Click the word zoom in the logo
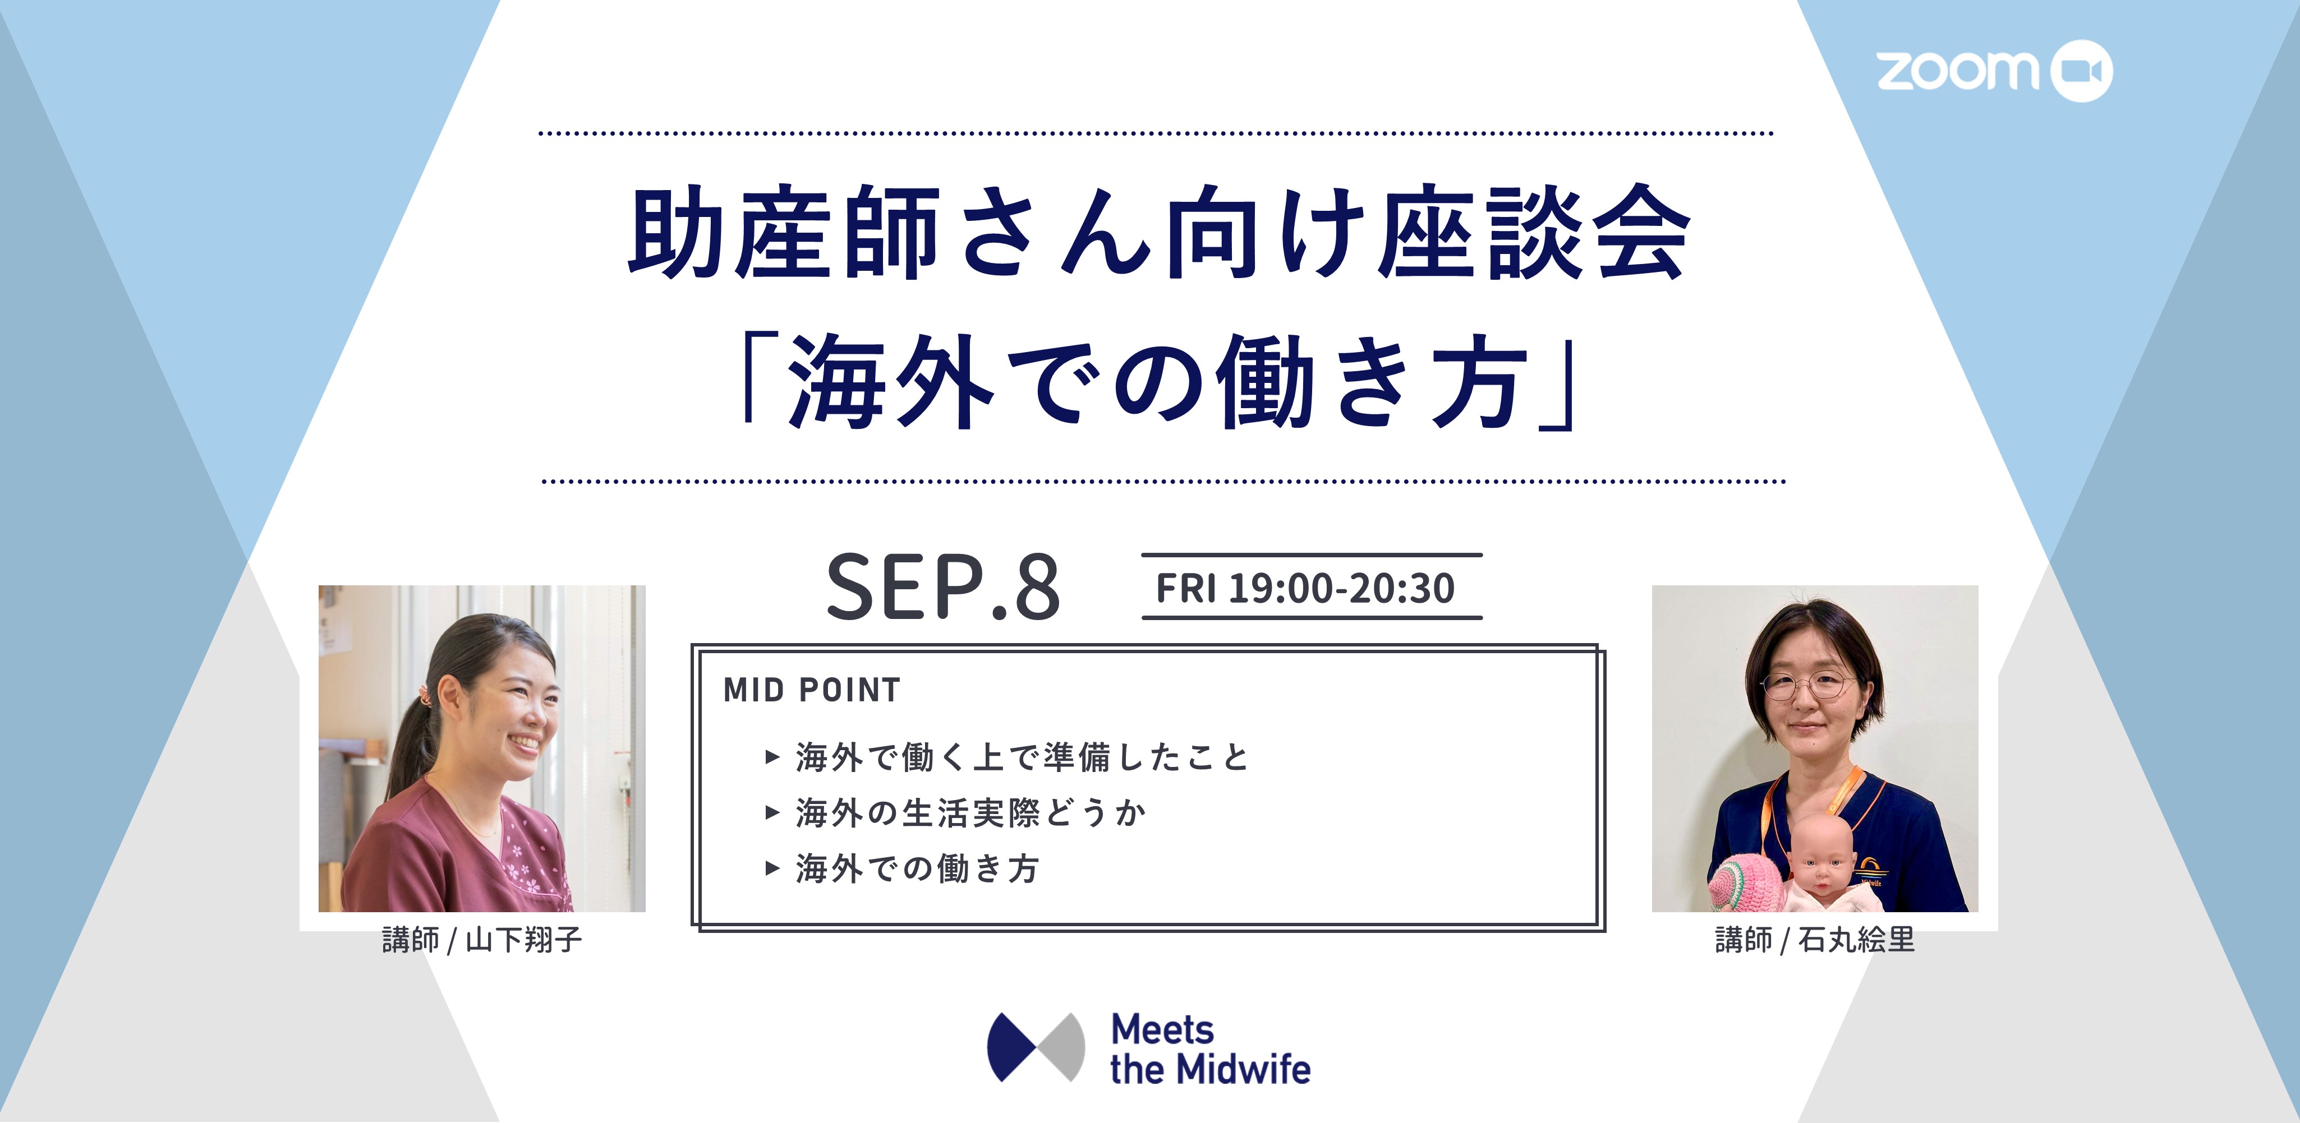(x=1957, y=71)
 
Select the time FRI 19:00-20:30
(x=1305, y=588)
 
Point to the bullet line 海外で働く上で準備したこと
(x=1022, y=757)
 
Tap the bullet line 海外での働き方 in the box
(x=917, y=868)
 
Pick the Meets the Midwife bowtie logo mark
(x=1036, y=1046)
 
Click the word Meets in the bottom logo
(x=1162, y=1030)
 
